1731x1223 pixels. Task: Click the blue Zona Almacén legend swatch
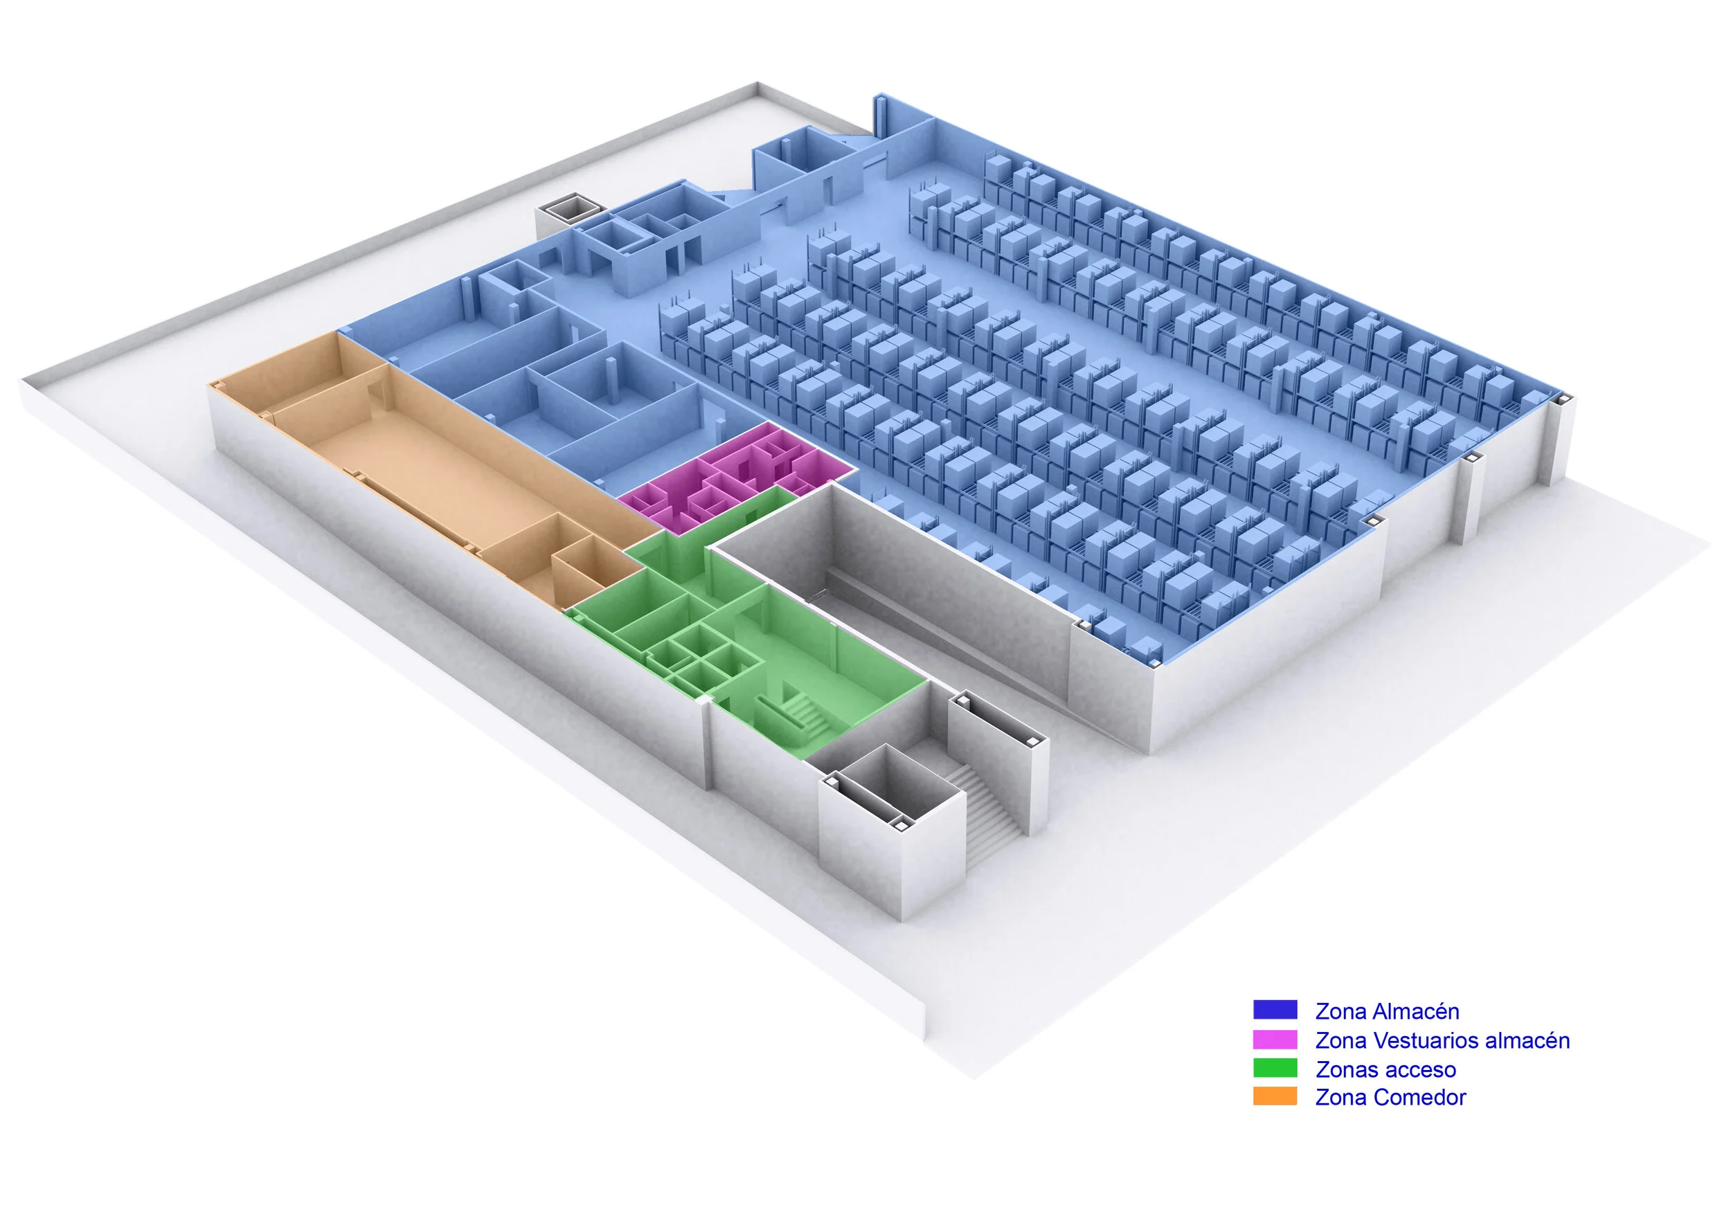click(1275, 1010)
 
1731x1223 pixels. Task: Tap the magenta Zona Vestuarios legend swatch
click(1275, 1040)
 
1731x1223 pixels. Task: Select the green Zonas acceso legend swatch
click(1275, 1069)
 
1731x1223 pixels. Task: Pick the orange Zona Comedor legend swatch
click(1275, 1097)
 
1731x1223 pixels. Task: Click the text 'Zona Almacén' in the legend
click(1387, 1011)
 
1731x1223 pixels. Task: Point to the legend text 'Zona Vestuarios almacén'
click(1442, 1041)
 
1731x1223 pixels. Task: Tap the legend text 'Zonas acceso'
click(1385, 1069)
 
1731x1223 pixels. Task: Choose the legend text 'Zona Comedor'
click(1390, 1098)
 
